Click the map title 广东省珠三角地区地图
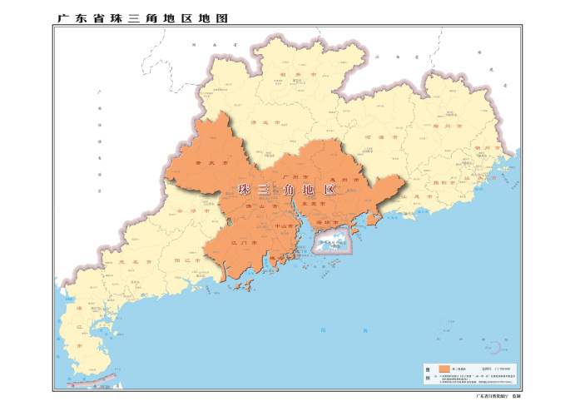click(142, 17)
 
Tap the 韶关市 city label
click(291, 74)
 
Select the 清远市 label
click(265, 122)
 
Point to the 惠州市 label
click(343, 178)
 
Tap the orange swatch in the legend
click(444, 368)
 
